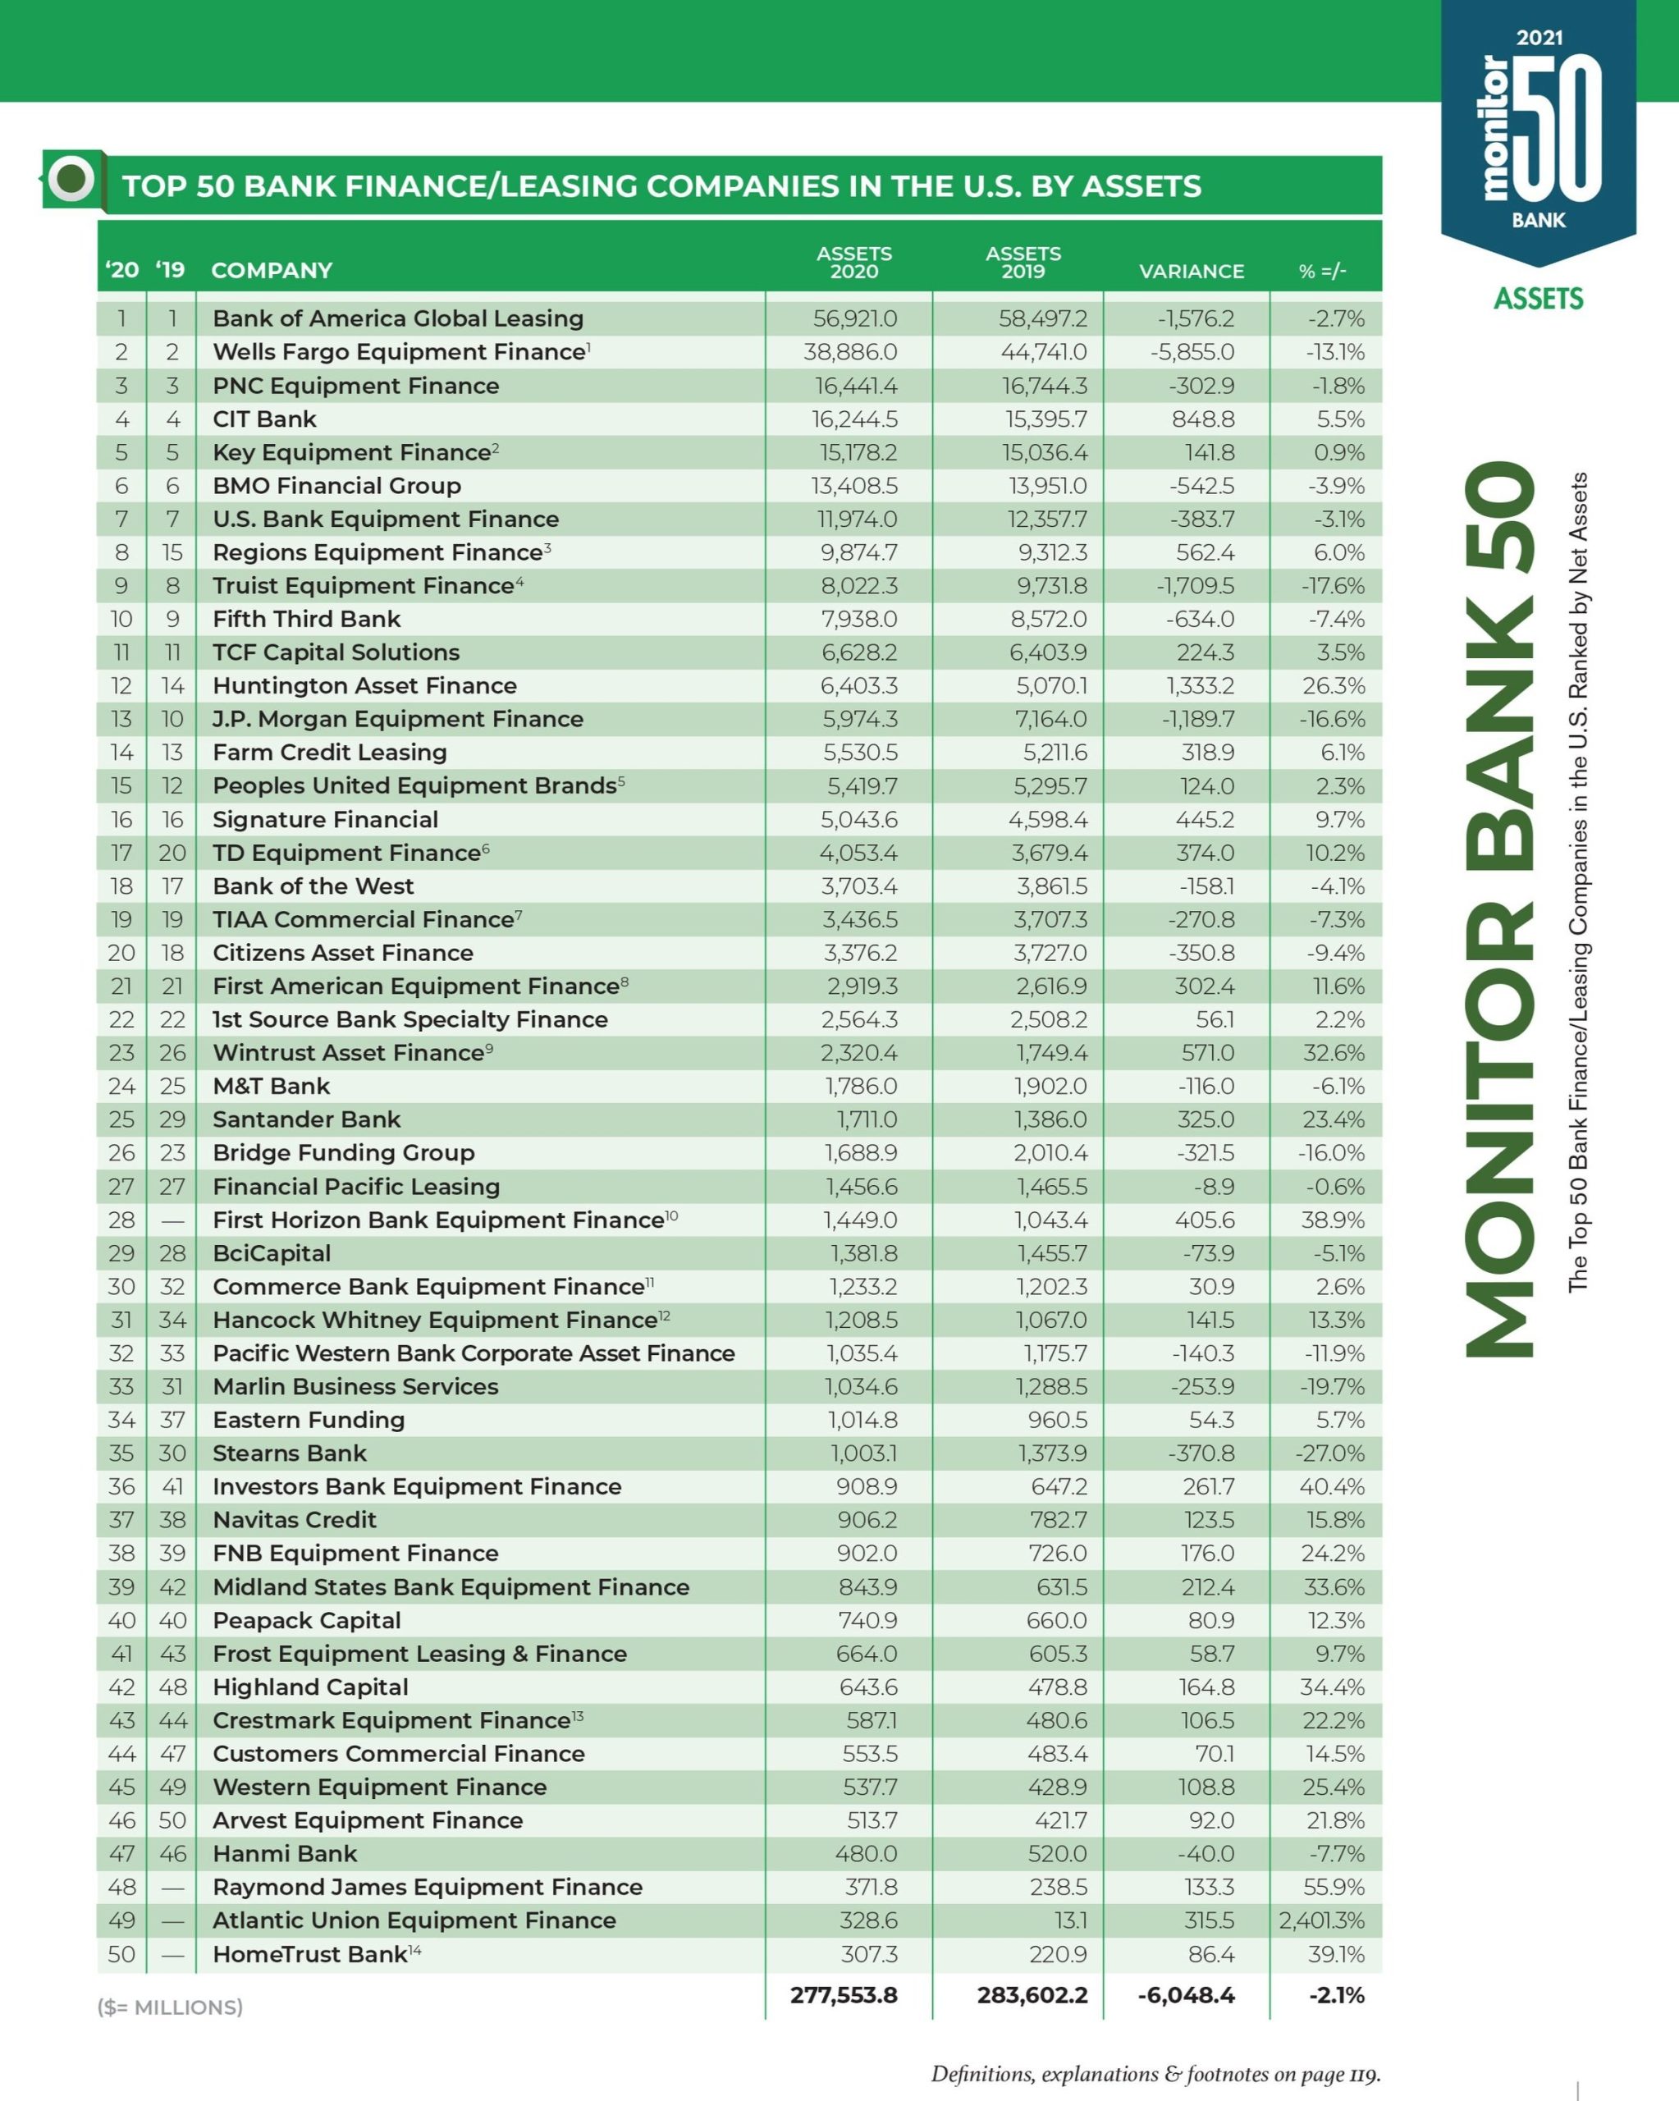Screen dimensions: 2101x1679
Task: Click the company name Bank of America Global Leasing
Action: pyautogui.click(x=397, y=318)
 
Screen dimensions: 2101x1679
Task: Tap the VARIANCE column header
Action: pyautogui.click(x=1191, y=271)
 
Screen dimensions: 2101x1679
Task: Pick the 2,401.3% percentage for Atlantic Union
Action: pyautogui.click(x=1321, y=1920)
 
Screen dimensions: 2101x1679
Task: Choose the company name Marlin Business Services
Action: pyautogui.click(x=355, y=1387)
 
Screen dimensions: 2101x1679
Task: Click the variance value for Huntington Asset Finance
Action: pyautogui.click(x=1200, y=686)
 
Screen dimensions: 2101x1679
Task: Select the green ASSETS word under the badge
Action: pyautogui.click(x=1539, y=298)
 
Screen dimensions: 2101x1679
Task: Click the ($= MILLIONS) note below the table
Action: pyautogui.click(x=170, y=2007)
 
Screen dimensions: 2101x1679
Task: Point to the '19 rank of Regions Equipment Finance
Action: pyautogui.click(x=172, y=552)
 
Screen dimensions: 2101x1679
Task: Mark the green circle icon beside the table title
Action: pyautogui.click(x=72, y=178)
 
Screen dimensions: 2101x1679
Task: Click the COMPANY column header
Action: pyautogui.click(x=272, y=271)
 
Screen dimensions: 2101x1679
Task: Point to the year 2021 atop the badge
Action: pyautogui.click(x=1539, y=38)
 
